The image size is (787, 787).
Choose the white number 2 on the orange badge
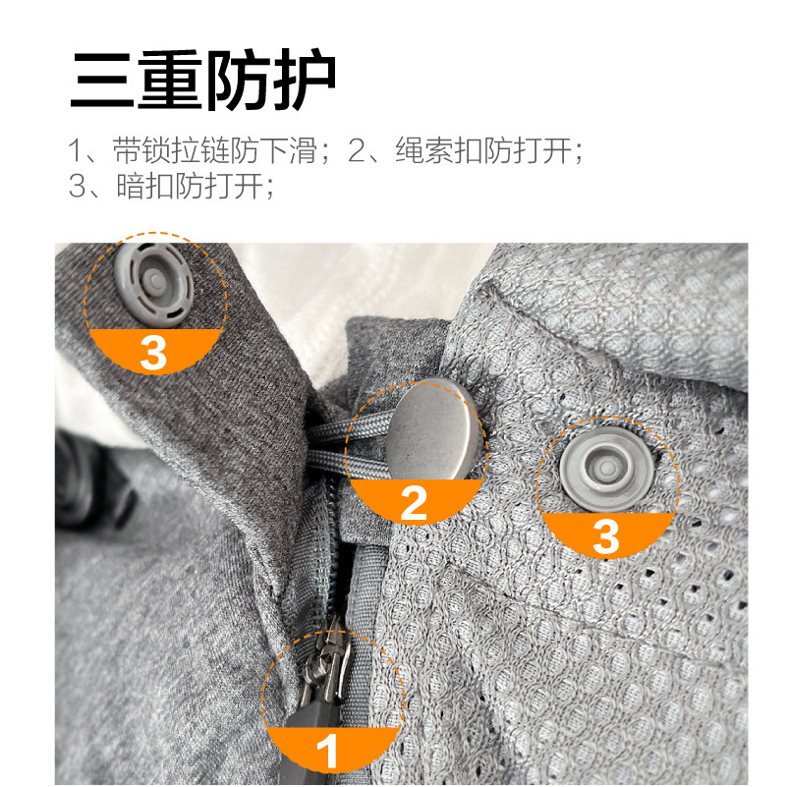[x=414, y=503]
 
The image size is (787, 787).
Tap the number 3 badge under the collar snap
[x=153, y=352]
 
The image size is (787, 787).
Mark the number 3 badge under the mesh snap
[x=606, y=536]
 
